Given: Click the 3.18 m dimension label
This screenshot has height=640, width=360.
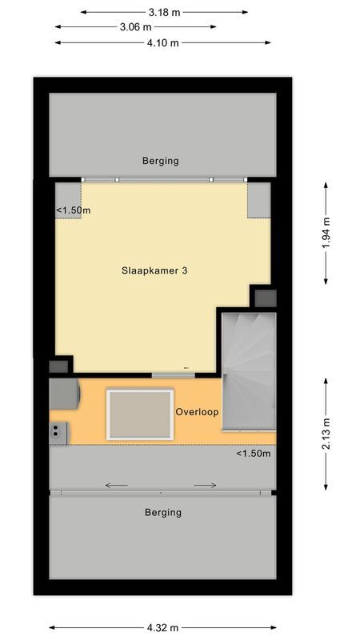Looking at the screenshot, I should pyautogui.click(x=163, y=12).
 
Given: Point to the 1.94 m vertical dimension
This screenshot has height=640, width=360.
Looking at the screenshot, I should pyautogui.click(x=326, y=233).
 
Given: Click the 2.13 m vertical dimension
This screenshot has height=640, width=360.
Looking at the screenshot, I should pyautogui.click(x=326, y=435).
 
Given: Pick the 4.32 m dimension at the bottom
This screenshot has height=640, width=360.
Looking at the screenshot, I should pyautogui.click(x=162, y=628).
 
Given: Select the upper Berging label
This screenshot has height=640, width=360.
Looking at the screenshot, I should pyautogui.click(x=161, y=161).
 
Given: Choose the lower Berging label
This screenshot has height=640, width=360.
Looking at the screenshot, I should pyautogui.click(x=162, y=512).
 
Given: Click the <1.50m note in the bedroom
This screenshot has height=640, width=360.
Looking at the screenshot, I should pyautogui.click(x=73, y=210).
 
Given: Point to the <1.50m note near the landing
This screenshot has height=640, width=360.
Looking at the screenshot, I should pyautogui.click(x=253, y=454).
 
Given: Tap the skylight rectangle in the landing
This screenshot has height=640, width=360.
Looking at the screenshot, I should pyautogui.click(x=140, y=414).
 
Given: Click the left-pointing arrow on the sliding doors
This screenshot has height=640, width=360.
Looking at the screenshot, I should pyautogui.click(x=116, y=485).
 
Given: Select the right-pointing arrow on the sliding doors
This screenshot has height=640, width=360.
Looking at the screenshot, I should pyautogui.click(x=205, y=485).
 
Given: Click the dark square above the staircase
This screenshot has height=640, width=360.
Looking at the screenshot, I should pyautogui.click(x=265, y=298).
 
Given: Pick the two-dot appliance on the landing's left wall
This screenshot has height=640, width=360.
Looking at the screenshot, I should pyautogui.click(x=58, y=432).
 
